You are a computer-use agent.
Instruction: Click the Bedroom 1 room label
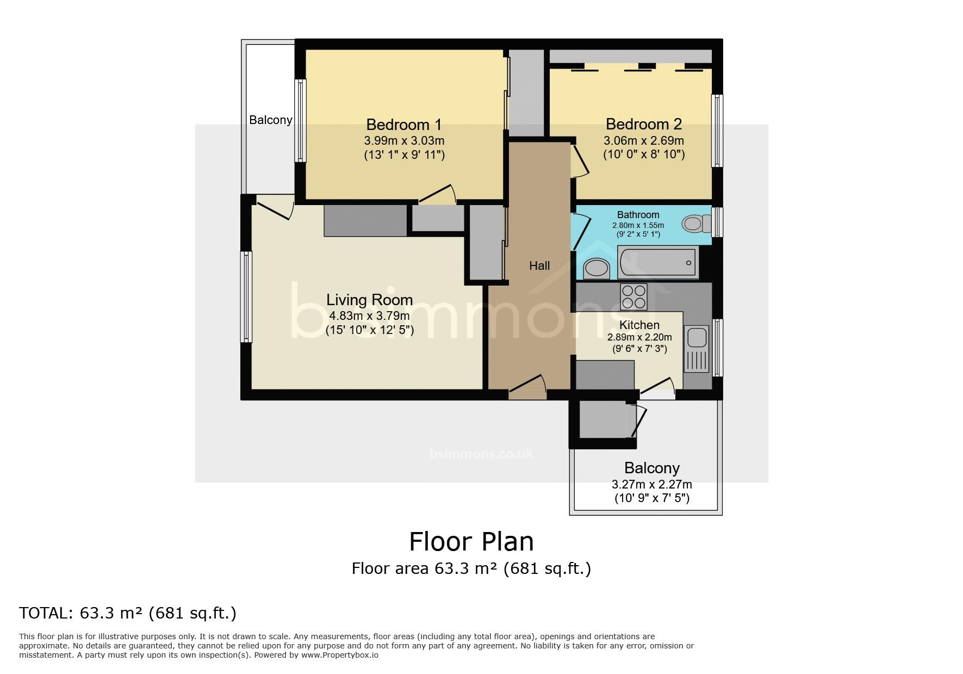point(403,125)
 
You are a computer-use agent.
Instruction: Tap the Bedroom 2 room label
point(644,124)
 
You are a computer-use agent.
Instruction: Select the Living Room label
point(369,300)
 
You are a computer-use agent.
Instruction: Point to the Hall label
point(539,265)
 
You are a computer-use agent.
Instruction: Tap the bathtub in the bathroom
point(658,263)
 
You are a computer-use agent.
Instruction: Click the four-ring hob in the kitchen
point(633,297)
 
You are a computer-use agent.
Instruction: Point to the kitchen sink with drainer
point(697,349)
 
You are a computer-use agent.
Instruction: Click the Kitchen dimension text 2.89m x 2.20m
point(639,337)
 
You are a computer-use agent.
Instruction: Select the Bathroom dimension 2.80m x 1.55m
point(638,225)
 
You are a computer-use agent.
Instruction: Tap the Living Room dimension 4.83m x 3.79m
point(369,316)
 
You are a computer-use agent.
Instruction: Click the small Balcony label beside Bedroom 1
point(271,120)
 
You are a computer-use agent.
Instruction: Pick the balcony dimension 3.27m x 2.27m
point(652,484)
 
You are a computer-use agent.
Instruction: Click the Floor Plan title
point(471,542)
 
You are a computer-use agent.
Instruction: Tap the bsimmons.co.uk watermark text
point(482,453)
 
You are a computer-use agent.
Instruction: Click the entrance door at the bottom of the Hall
point(527,387)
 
